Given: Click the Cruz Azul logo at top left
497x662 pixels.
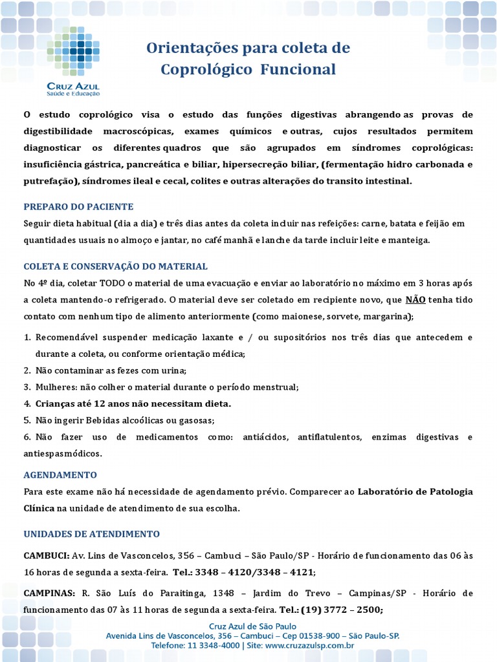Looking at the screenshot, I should click(73, 61).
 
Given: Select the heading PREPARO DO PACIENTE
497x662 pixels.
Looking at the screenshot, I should click(78, 207).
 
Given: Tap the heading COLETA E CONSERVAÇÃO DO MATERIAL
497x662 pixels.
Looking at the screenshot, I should click(115, 266).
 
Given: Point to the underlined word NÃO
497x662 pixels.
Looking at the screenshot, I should click(415, 300).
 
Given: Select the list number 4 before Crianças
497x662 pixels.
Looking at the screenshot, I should click(27, 403).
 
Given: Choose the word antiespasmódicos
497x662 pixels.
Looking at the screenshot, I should click(63, 454).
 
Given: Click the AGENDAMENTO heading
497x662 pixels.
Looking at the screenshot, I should click(60, 475).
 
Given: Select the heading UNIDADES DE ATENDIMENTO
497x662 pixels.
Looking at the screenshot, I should click(91, 534).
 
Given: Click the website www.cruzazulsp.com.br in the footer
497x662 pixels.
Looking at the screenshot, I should click(309, 645).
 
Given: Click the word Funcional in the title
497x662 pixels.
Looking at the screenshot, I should click(298, 69).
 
